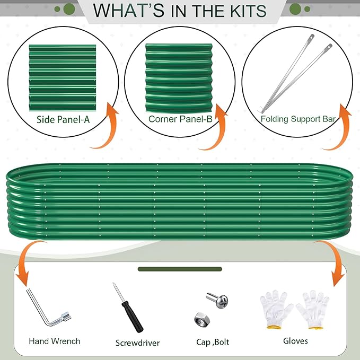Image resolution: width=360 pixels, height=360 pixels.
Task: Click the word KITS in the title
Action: [x=248, y=11]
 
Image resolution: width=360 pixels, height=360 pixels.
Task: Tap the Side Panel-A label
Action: [x=63, y=120]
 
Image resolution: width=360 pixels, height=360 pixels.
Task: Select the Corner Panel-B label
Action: [x=180, y=119]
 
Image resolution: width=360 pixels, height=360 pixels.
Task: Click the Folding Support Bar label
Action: [x=298, y=119]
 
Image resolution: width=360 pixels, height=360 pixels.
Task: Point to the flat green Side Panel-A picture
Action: [x=63, y=78]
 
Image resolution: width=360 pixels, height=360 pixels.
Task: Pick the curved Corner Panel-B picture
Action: [x=179, y=78]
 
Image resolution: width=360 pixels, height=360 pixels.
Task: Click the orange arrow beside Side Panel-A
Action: [x=108, y=128]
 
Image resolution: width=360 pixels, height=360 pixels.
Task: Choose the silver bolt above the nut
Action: [x=217, y=300]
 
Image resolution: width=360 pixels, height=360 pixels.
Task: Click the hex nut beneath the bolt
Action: [x=202, y=320]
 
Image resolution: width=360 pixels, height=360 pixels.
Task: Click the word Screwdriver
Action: [x=137, y=343]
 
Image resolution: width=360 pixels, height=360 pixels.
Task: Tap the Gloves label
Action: [x=295, y=341]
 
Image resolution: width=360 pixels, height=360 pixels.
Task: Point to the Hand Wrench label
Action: [x=55, y=341]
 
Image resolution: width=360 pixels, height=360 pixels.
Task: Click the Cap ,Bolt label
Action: [x=213, y=342]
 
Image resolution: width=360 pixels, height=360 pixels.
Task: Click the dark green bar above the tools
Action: [x=180, y=269]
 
